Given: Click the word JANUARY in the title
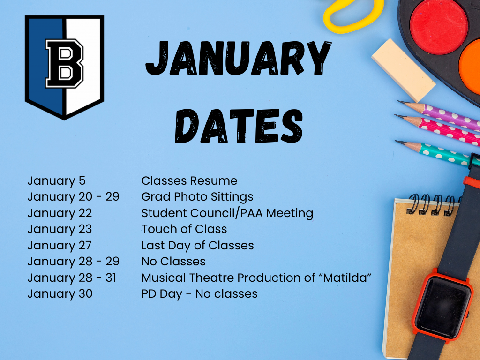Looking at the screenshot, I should tap(238, 60).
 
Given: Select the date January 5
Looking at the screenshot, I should tap(56, 181).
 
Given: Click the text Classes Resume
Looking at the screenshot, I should tap(189, 181).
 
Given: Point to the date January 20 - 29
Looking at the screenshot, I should tap(73, 197).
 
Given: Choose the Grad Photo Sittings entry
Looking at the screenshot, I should tap(197, 197).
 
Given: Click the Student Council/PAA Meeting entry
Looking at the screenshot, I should tap(227, 213).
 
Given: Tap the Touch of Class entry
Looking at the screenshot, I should tap(184, 229).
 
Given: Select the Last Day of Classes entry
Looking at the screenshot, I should tap(197, 245).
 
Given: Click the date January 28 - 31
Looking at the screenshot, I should tap(72, 277).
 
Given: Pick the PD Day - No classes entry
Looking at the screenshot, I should tap(199, 294).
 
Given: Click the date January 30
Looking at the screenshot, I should tap(60, 294).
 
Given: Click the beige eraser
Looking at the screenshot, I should tap(403, 70).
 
